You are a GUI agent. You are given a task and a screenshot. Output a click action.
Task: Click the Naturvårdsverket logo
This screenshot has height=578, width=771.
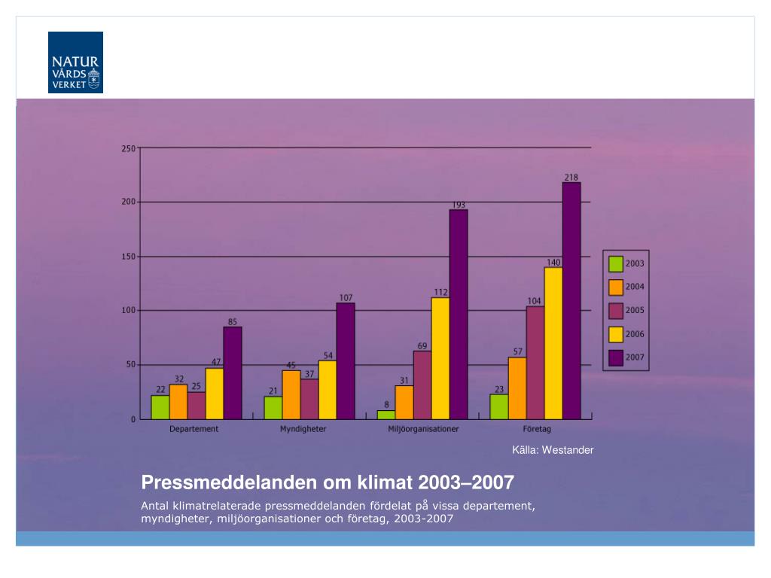tap(75, 62)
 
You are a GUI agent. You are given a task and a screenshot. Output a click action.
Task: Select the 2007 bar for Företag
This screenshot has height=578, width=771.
tap(571, 301)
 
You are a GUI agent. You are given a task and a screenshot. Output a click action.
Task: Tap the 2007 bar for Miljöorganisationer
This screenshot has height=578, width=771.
tap(459, 315)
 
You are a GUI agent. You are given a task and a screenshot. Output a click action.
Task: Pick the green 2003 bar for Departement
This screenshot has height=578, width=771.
tap(160, 407)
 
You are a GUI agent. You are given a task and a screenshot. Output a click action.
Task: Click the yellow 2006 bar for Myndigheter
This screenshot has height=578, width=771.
tap(328, 390)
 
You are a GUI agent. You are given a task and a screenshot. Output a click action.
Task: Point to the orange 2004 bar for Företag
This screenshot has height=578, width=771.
tap(517, 388)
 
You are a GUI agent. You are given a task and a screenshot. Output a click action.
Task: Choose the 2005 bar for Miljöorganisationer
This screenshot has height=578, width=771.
tap(422, 385)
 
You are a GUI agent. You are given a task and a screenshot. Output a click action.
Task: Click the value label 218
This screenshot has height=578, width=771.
tap(571, 178)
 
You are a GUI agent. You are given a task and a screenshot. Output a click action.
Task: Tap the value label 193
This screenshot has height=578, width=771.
tap(459, 205)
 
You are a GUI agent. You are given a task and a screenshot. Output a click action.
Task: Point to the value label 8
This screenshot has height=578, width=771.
tap(386, 405)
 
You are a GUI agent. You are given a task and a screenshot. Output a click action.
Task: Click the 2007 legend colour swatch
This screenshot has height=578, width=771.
tap(616, 357)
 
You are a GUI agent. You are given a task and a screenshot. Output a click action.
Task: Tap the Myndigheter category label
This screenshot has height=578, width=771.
tap(303, 429)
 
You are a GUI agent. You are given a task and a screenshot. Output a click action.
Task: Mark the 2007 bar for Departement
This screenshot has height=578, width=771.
tap(233, 373)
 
